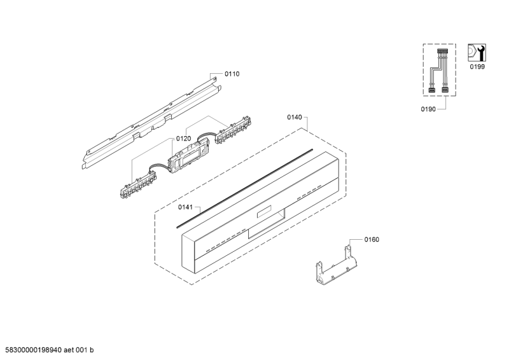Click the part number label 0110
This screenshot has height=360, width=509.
click(x=232, y=74)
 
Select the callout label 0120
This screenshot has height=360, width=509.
click(x=183, y=139)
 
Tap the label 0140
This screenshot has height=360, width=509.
click(x=295, y=117)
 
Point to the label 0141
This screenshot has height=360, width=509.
click(x=185, y=207)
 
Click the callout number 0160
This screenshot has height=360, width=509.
click(x=372, y=240)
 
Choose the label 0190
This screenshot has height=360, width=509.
click(x=428, y=109)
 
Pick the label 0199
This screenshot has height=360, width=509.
click(x=477, y=67)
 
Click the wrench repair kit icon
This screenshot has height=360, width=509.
click(x=477, y=53)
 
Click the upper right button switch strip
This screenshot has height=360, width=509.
click(x=233, y=130)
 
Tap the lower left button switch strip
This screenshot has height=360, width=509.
click(x=137, y=184)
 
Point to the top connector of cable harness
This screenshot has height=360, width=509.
click(x=442, y=52)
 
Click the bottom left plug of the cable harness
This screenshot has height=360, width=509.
click(x=432, y=90)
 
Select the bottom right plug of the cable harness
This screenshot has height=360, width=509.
click(x=445, y=90)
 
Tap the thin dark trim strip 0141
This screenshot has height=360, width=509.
click(x=245, y=189)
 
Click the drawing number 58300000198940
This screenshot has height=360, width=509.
click(x=33, y=350)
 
